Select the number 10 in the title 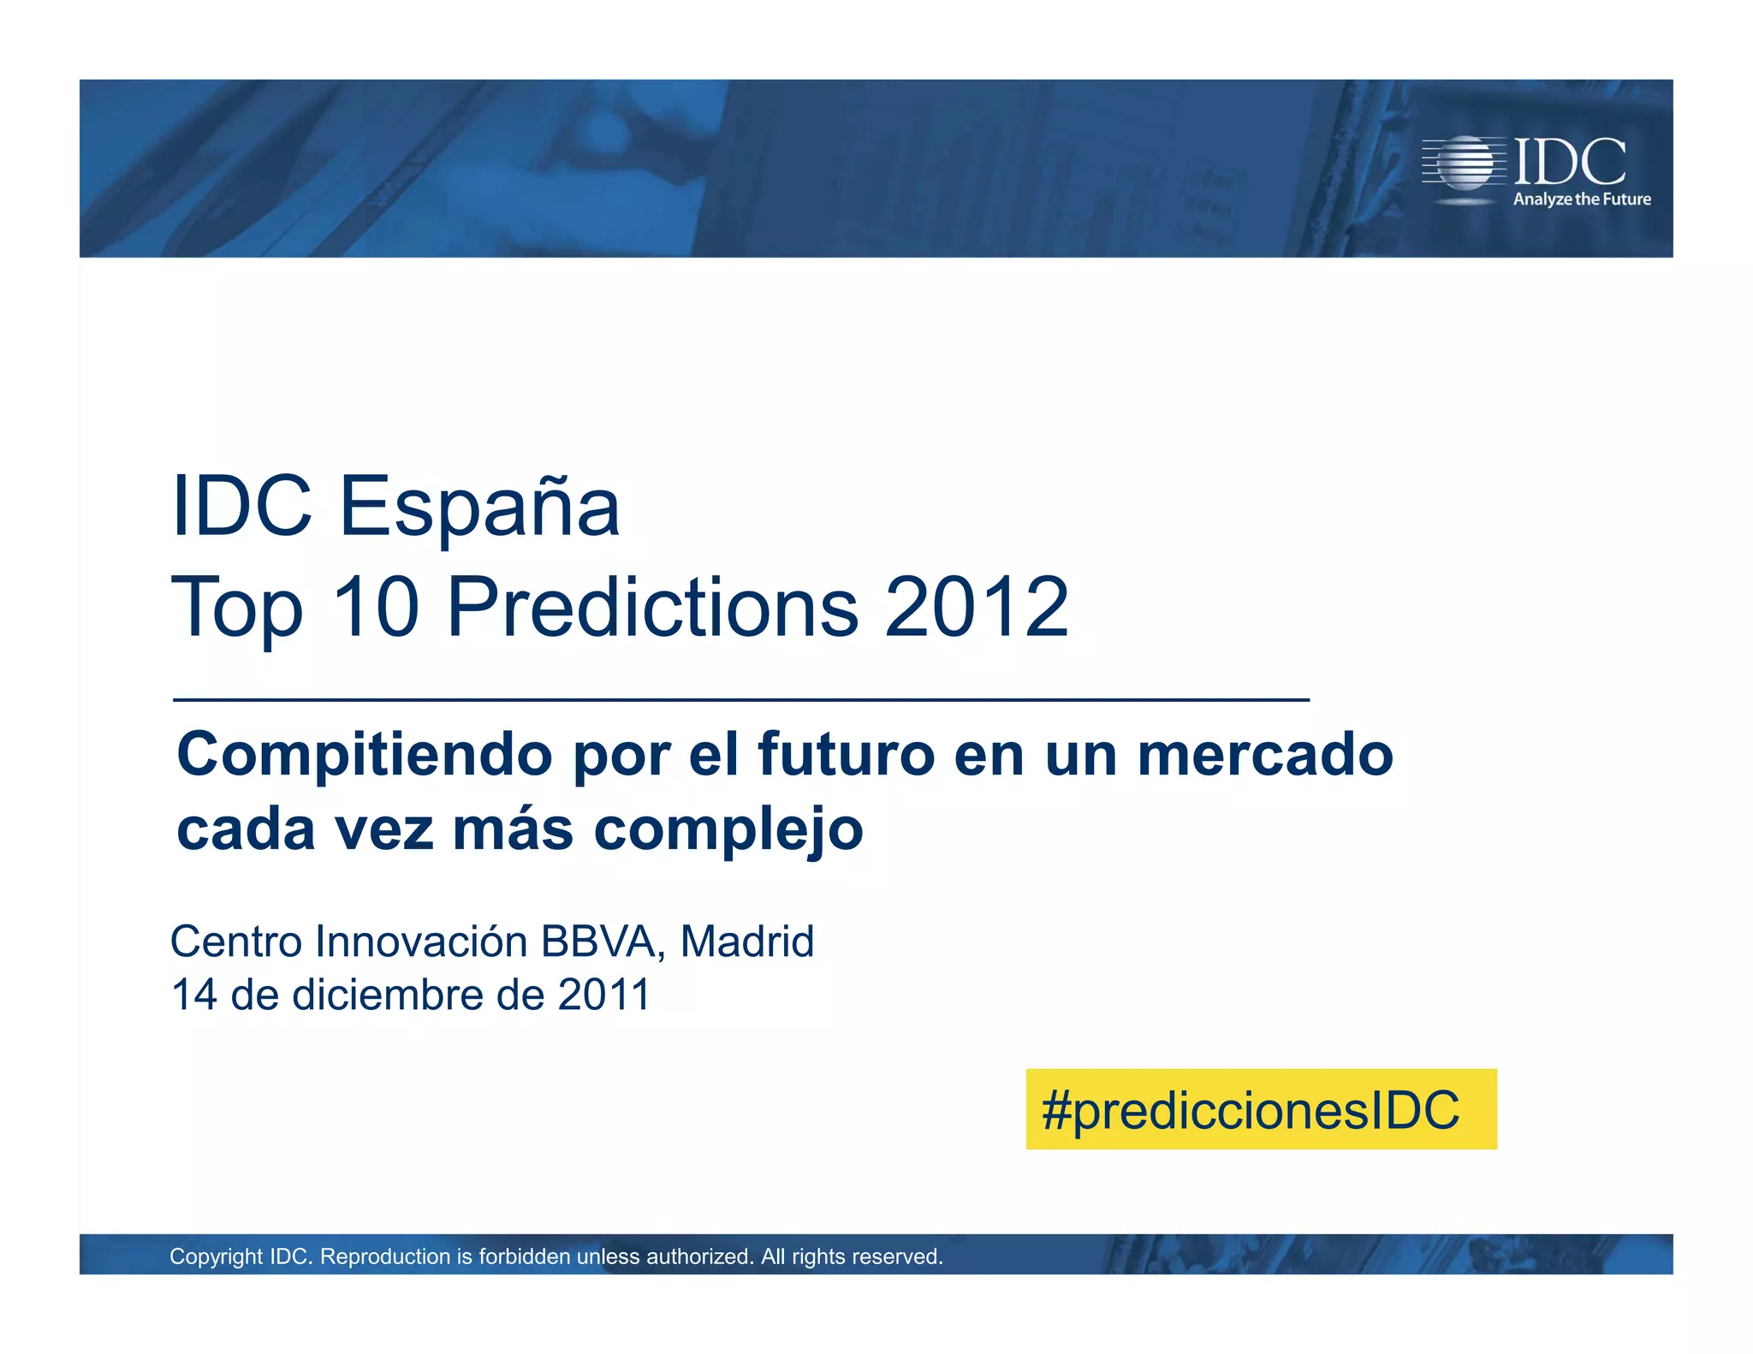click(x=376, y=607)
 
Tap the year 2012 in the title click(x=976, y=607)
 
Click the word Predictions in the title click(x=652, y=607)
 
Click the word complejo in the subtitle click(x=728, y=830)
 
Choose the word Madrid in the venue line click(x=746, y=941)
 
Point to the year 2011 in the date click(x=603, y=995)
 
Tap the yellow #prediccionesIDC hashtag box click(x=1260, y=1109)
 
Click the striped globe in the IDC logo click(x=1465, y=163)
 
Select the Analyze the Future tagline click(x=1582, y=199)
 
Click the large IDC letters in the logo click(x=1570, y=161)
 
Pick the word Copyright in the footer click(x=216, y=1256)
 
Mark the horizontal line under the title click(x=740, y=700)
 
